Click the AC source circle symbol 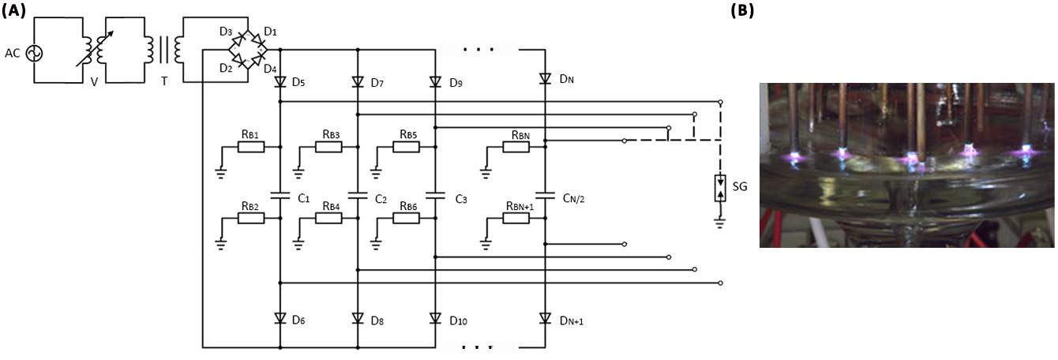pos(34,53)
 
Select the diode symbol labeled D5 pos(280,82)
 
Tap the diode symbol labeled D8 pos(358,318)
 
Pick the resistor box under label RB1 pos(251,147)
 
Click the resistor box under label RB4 pos(328,218)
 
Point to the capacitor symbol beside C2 pos(358,195)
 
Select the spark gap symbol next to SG pos(720,188)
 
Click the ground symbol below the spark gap pos(720,223)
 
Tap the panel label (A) pos(13,10)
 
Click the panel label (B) pos(742,10)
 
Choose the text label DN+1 pos(571,321)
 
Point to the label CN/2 pos(573,198)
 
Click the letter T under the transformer pos(164,81)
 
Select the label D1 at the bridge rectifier pos(270,32)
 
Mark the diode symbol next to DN pos(545,78)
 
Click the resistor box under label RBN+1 pos(516,218)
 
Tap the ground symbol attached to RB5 pos(376,174)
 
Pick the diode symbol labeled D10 pos(435,318)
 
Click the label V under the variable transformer pos(94,82)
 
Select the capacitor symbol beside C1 pos(280,195)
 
